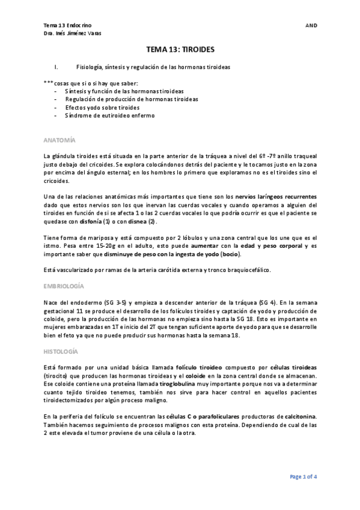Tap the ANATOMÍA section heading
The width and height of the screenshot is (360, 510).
(x=60, y=140)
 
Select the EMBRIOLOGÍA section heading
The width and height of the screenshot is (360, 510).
(x=64, y=286)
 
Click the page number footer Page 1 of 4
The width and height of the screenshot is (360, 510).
(x=304, y=476)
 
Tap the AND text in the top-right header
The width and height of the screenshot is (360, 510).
(x=311, y=25)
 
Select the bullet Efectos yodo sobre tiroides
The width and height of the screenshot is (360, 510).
(x=102, y=107)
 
